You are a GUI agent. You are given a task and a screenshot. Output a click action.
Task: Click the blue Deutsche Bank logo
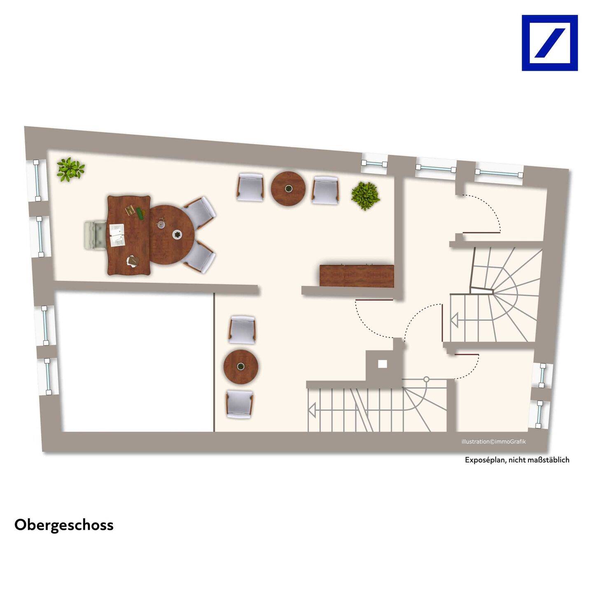(549, 43)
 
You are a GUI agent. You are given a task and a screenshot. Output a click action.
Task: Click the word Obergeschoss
(64, 525)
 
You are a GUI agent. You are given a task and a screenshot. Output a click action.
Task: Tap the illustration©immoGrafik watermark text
(493, 442)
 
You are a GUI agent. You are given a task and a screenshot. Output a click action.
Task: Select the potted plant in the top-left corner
(70, 169)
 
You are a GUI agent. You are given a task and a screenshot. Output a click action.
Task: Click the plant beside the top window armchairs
(365, 195)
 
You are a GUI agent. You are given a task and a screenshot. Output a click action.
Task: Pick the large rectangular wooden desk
(128, 235)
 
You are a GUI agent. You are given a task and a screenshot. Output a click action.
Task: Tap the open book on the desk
(117, 235)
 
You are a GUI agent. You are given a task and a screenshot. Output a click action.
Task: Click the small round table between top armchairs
(288, 189)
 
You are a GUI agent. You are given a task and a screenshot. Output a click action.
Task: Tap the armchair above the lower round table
(242, 329)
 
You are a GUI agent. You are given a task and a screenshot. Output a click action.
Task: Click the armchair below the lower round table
(240, 405)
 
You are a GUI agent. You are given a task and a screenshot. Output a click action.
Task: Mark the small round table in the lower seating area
(241, 367)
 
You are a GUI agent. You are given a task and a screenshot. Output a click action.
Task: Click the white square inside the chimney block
(383, 364)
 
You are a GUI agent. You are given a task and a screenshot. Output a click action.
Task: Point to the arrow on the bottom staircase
(312, 410)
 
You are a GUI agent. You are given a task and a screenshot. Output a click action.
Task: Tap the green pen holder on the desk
(141, 213)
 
